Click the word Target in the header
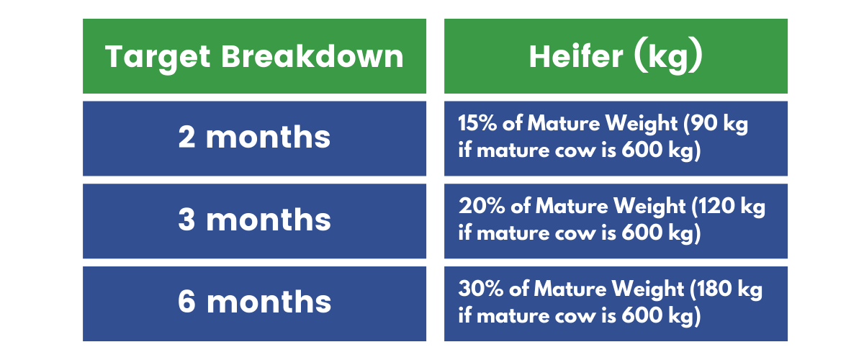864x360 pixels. (158, 58)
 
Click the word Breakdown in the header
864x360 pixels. (312, 56)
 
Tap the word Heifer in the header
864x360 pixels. (576, 56)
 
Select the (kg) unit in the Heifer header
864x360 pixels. (668, 58)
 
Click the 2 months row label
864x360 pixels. (254, 137)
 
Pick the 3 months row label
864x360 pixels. (254, 220)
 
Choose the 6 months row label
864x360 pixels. (254, 302)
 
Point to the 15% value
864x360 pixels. (477, 123)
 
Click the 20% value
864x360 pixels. (482, 206)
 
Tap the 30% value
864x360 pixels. (481, 289)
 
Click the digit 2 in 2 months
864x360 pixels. (186, 137)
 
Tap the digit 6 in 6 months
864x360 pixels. (186, 302)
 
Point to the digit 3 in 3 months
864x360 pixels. (186, 219)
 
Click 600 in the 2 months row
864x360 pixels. (642, 150)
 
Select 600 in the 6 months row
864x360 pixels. (642, 315)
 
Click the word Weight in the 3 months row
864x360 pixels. (649, 207)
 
